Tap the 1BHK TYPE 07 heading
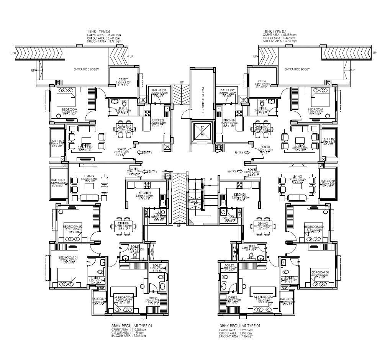[275, 30]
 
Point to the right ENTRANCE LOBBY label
[297, 69]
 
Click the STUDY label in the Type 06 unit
[123, 79]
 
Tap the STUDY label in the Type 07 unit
[262, 81]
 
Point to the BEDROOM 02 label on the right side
[314, 227]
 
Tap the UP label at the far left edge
[12, 53]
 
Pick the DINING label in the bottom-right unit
[263, 224]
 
